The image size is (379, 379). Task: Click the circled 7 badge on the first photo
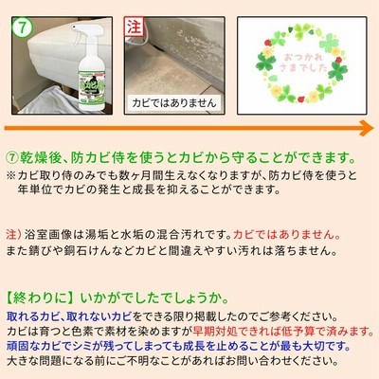pos(23,27)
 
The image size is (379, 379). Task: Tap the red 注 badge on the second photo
pos(134,27)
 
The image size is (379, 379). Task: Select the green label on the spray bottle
pos(91,86)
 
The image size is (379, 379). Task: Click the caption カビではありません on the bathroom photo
pos(174,103)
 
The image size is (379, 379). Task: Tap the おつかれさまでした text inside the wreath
pos(302,63)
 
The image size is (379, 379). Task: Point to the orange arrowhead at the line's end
pos(367,128)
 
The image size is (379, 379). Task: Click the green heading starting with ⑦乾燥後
pos(181,158)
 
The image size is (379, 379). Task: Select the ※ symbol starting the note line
pos(10,176)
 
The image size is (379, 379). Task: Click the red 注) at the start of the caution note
pos(13,235)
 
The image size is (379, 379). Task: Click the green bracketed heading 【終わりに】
pos(41,298)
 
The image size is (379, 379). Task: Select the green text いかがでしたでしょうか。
pos(154,298)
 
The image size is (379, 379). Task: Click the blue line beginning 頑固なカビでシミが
pos(178,346)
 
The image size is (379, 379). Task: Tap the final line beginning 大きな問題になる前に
pos(171,361)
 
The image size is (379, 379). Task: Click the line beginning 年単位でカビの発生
pos(149,190)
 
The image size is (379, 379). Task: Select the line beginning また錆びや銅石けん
pos(171,251)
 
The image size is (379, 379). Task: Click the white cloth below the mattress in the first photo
pos(50,100)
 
